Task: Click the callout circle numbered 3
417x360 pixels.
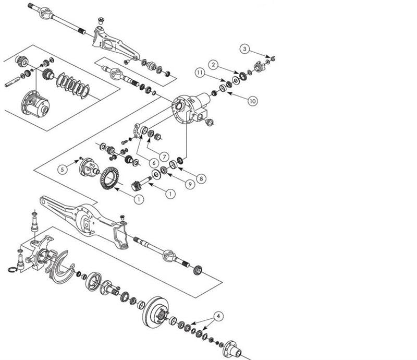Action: click(x=245, y=49)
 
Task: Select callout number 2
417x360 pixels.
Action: click(x=213, y=64)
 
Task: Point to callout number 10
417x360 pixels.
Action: click(x=252, y=101)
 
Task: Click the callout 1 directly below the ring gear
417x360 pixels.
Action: click(x=138, y=199)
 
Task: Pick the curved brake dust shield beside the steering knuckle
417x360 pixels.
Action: click(x=68, y=263)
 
